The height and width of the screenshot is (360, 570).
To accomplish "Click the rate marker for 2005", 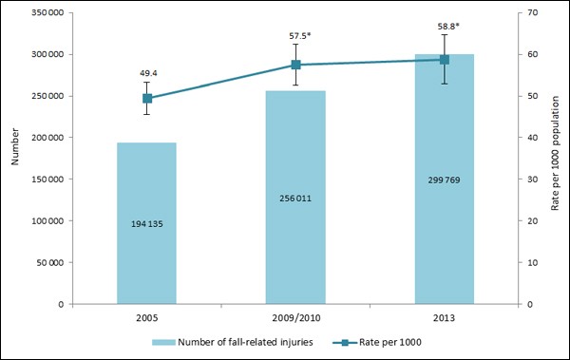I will click(x=147, y=98).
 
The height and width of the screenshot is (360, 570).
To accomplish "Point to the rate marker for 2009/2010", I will click(x=295, y=65).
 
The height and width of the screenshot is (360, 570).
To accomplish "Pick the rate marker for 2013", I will click(x=444, y=60).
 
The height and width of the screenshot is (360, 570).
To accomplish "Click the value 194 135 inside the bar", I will click(x=146, y=224).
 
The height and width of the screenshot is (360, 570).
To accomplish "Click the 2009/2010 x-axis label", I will click(x=295, y=317).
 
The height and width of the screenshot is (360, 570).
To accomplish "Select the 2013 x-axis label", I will click(x=444, y=317).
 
